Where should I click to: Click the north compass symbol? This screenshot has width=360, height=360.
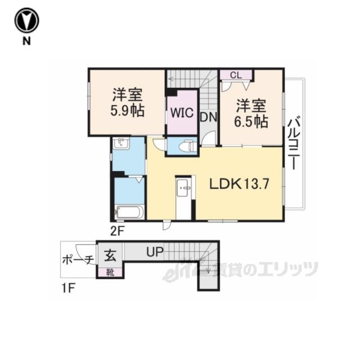click(26, 20)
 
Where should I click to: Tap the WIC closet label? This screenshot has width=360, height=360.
click(182, 113)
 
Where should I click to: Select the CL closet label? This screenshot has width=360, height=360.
click(236, 75)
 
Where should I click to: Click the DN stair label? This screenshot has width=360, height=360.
click(209, 118)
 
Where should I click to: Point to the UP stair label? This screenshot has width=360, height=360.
click(155, 251)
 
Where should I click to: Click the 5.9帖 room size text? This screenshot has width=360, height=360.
click(128, 111)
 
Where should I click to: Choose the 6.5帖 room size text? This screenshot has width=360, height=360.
click(251, 121)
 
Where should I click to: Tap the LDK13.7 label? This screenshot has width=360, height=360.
click(239, 184)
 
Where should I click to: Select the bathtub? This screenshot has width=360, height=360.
click(130, 211)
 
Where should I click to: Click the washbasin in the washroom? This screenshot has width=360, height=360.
click(121, 143)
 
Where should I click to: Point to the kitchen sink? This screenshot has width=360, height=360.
click(183, 188)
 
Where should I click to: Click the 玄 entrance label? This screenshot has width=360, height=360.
click(110, 255)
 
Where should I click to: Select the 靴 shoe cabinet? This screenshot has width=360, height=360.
click(110, 272)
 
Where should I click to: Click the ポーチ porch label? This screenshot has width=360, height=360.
click(78, 260)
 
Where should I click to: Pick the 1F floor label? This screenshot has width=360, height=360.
click(69, 289)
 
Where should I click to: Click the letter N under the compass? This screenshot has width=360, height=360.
click(26, 41)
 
